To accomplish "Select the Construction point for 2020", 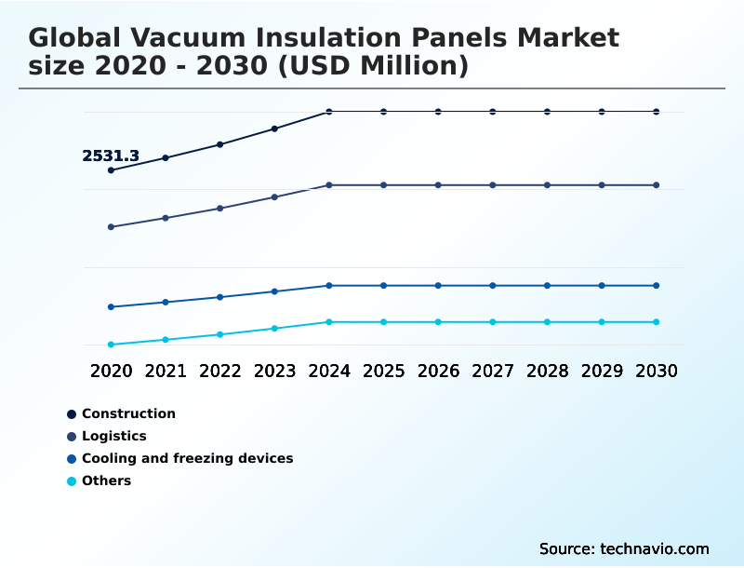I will click(x=112, y=170).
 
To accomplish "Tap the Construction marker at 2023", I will click(x=274, y=128).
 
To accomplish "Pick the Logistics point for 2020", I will click(x=112, y=227).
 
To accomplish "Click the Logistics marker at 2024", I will click(x=329, y=185).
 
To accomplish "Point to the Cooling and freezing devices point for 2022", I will click(x=220, y=297).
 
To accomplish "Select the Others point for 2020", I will click(x=112, y=345).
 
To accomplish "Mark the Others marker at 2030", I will click(x=657, y=322).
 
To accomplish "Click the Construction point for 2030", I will click(x=657, y=112).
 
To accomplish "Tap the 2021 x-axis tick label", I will click(x=166, y=372).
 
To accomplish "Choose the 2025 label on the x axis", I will click(x=383, y=372).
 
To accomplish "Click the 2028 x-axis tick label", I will click(x=547, y=372).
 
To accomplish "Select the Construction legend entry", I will click(x=128, y=413).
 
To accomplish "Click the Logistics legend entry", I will click(x=113, y=436).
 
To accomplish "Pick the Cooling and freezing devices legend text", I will click(x=187, y=458).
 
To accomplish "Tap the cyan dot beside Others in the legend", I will click(x=72, y=481).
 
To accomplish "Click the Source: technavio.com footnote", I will click(x=624, y=548).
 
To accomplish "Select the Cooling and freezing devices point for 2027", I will click(x=493, y=286).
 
